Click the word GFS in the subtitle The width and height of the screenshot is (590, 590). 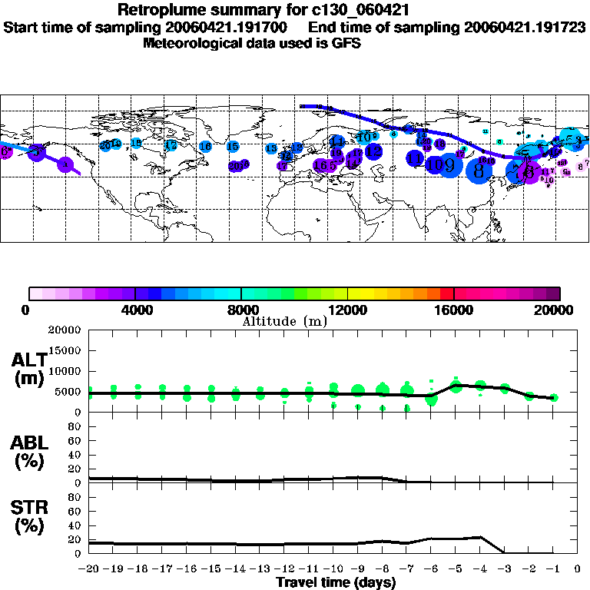[x=344, y=43]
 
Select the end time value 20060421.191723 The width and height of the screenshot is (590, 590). [x=525, y=27]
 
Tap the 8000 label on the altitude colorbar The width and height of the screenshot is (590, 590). [x=241, y=310]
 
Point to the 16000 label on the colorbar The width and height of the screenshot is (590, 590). [x=454, y=310]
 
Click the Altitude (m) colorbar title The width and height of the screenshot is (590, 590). [x=285, y=321]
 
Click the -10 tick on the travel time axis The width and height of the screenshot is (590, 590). [x=333, y=569]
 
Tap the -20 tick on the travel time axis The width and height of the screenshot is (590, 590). [x=88, y=569]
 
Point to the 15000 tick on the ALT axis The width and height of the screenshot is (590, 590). [x=66, y=350]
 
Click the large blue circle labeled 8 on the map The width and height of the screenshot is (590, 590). [x=479, y=169]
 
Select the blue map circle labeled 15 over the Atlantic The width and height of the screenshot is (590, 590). [x=232, y=146]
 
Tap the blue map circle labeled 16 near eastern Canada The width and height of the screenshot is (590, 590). [x=205, y=146]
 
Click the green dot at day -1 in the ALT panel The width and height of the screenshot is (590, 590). [x=554, y=397]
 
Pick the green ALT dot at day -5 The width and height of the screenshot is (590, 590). [x=456, y=386]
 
